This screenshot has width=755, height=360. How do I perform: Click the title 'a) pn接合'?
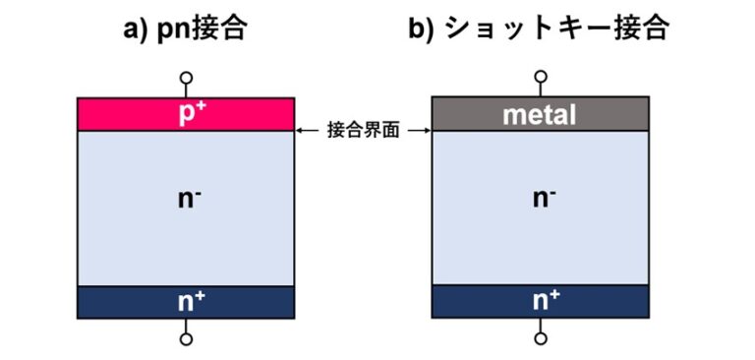click(x=185, y=29)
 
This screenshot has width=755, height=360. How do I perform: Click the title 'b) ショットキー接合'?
click(x=539, y=29)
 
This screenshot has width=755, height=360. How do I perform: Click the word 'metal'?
click(x=540, y=114)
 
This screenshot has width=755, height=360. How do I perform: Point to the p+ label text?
click(x=186, y=113)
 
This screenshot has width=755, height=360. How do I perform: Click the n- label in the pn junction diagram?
click(x=186, y=199)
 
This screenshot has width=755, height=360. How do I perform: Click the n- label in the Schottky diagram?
click(x=540, y=199)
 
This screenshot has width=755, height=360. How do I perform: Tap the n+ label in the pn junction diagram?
click(x=186, y=302)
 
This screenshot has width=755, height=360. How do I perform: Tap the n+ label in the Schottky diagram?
click(x=540, y=302)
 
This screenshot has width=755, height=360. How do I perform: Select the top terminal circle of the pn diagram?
click(x=186, y=78)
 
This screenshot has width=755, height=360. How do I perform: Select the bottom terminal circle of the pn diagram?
click(x=186, y=339)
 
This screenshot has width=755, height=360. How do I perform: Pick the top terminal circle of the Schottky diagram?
click(x=540, y=78)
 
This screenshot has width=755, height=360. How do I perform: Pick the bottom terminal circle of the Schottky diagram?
click(x=540, y=339)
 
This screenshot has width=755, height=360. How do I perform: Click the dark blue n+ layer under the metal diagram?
click(x=472, y=302)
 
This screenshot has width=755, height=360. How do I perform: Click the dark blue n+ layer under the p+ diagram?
click(x=118, y=302)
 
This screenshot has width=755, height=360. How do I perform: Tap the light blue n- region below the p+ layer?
click(x=128, y=226)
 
